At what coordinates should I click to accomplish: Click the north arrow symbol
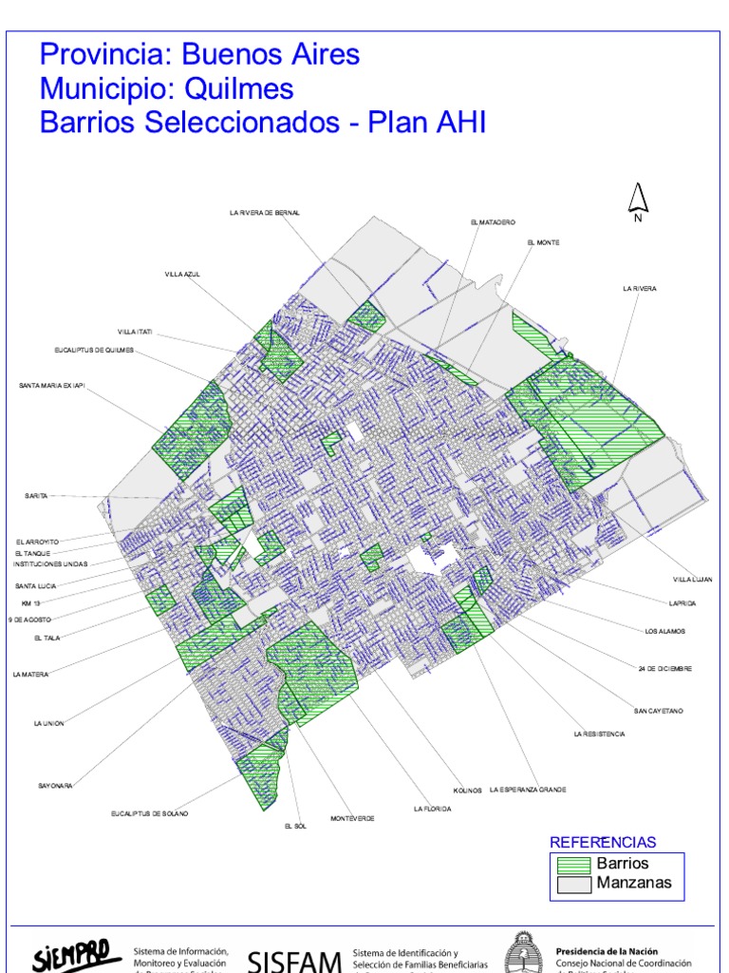point(638,200)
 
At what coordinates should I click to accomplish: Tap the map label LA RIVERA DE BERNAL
point(264,213)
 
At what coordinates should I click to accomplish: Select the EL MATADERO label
point(492,222)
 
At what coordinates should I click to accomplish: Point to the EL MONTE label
point(543,242)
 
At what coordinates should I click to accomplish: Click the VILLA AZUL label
point(182,275)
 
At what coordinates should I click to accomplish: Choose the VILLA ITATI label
point(135,332)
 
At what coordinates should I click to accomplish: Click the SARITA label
point(35,496)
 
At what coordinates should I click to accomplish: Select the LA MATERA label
point(30,675)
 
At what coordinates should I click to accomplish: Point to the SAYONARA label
point(55,786)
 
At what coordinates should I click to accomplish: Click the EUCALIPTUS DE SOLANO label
point(149,814)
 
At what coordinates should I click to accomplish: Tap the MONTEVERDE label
point(352,818)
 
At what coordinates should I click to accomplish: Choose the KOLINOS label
point(468,790)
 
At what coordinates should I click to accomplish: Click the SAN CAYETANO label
point(659,711)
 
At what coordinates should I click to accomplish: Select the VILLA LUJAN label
point(692,579)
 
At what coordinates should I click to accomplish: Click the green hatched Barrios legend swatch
point(572,865)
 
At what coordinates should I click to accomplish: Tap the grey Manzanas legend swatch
point(572,884)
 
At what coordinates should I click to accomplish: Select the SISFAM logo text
point(294,961)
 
